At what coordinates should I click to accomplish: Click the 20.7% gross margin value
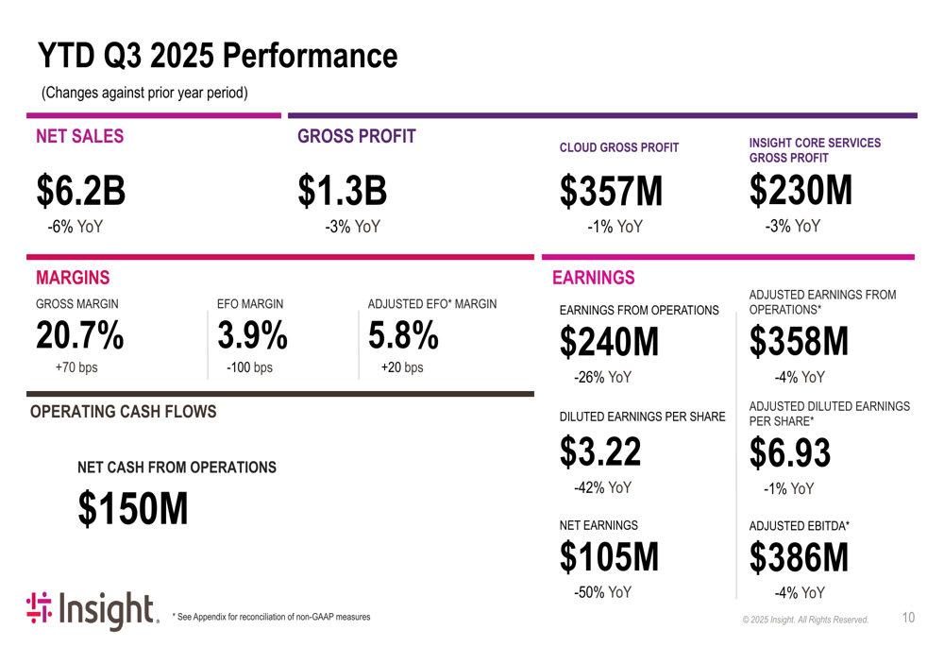(x=80, y=334)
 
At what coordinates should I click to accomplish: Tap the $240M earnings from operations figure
(x=609, y=343)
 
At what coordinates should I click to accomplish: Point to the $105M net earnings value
(x=609, y=557)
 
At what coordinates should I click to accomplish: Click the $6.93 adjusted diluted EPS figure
(x=790, y=452)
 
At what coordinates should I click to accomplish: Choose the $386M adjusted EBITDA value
(x=799, y=558)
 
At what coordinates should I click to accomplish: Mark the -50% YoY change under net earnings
(x=602, y=592)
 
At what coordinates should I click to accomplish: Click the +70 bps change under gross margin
(x=76, y=367)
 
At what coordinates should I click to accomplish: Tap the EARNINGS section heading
(x=593, y=278)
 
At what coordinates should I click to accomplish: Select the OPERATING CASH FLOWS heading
(x=123, y=412)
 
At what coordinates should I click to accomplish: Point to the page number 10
(x=908, y=618)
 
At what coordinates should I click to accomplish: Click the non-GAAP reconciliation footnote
(x=271, y=617)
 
